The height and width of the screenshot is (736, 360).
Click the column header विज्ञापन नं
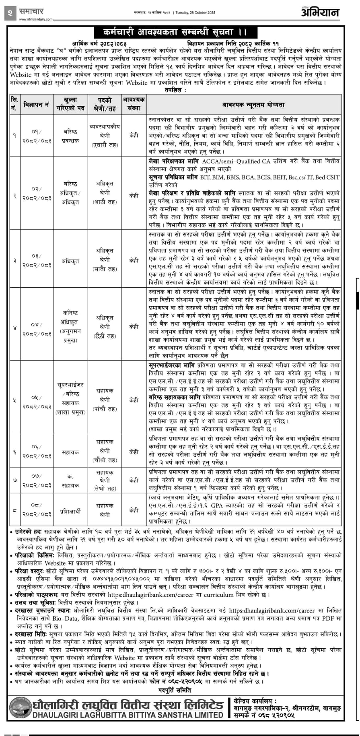tap(36, 105)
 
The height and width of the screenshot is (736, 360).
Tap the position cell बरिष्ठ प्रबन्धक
tap(71, 136)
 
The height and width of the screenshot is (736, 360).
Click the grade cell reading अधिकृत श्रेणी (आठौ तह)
tap(105, 192)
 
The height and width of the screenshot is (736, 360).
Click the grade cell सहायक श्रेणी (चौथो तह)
tap(105, 451)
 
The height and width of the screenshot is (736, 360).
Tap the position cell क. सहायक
tap(71, 480)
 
